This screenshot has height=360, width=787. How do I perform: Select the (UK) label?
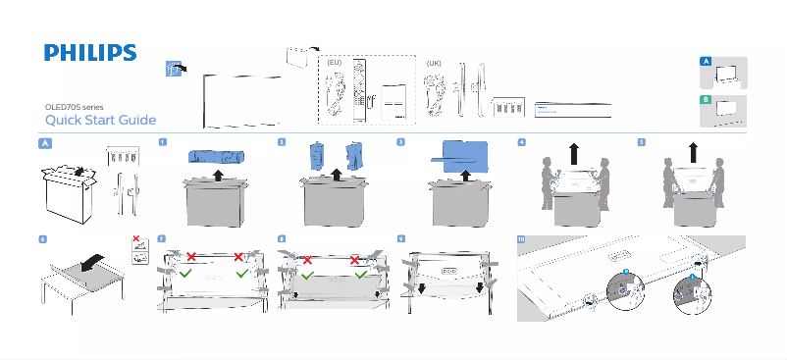(x=434, y=62)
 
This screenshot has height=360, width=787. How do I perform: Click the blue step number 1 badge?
(x=162, y=142)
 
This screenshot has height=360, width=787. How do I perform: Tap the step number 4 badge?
(x=521, y=142)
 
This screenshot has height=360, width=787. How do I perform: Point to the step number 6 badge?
(x=41, y=238)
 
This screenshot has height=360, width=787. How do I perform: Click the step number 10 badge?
(x=521, y=238)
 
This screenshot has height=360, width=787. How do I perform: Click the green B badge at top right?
(x=705, y=100)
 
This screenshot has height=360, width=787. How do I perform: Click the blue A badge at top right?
(x=705, y=61)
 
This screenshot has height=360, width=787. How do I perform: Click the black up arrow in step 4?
(x=574, y=155)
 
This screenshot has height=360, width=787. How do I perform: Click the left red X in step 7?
(x=191, y=257)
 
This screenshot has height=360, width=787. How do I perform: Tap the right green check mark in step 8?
(x=360, y=277)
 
